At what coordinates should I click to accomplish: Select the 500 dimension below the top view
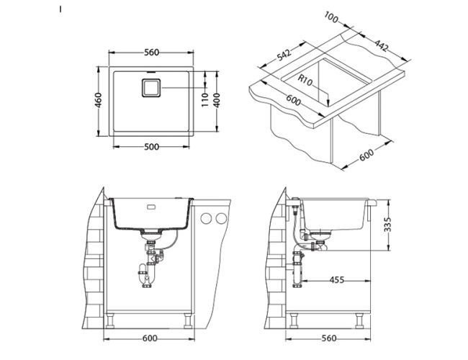pyautogui.click(x=150, y=147)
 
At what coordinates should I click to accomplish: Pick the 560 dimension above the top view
pyautogui.click(x=150, y=51)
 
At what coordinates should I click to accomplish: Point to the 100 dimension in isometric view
pyautogui.click(x=331, y=17)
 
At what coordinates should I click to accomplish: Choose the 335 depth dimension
pyautogui.click(x=390, y=223)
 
